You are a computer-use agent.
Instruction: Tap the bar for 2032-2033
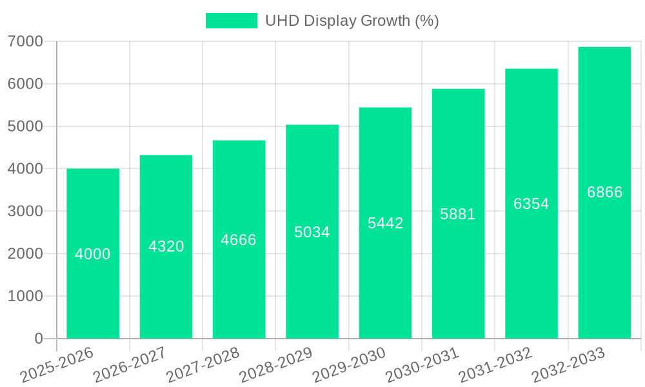tap(604, 258)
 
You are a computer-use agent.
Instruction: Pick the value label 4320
tap(166, 246)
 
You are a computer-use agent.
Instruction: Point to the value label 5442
tap(386, 223)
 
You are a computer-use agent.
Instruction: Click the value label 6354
tap(531, 204)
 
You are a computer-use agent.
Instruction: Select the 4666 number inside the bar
tap(239, 240)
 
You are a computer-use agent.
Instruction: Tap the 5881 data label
tap(458, 214)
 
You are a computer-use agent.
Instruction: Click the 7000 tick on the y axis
tap(25, 42)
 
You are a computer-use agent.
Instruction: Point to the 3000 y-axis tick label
tap(25, 212)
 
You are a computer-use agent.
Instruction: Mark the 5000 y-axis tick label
tap(25, 126)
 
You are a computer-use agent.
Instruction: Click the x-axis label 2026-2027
tap(130, 364)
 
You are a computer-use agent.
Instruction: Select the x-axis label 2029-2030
tap(349, 364)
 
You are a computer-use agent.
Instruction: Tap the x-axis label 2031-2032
tap(495, 364)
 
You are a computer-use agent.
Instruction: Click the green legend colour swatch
tap(231, 21)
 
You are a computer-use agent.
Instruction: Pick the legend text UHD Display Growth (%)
tap(352, 21)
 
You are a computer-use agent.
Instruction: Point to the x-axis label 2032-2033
tap(568, 364)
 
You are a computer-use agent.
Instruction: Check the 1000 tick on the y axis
tap(25, 296)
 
